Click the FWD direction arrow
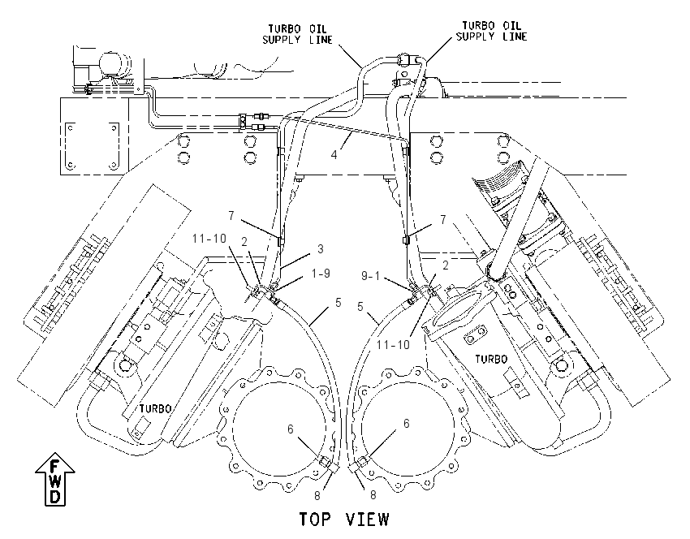click(x=55, y=479)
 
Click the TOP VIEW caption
click(x=344, y=520)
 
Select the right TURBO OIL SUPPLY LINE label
click(x=492, y=31)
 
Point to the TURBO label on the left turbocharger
click(x=155, y=409)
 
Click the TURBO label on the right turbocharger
click(x=491, y=359)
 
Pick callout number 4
click(x=334, y=154)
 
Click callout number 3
click(x=321, y=249)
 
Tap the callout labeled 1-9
click(x=321, y=274)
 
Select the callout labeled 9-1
click(x=370, y=276)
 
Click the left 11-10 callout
click(x=209, y=239)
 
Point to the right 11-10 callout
click(x=393, y=344)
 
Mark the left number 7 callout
click(x=231, y=216)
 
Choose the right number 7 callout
click(x=443, y=218)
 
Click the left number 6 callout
click(x=290, y=429)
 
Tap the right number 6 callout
click(x=406, y=423)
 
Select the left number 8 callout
click(x=317, y=495)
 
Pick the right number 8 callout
click(x=373, y=495)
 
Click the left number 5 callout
click(x=338, y=302)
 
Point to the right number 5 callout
click(x=360, y=306)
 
